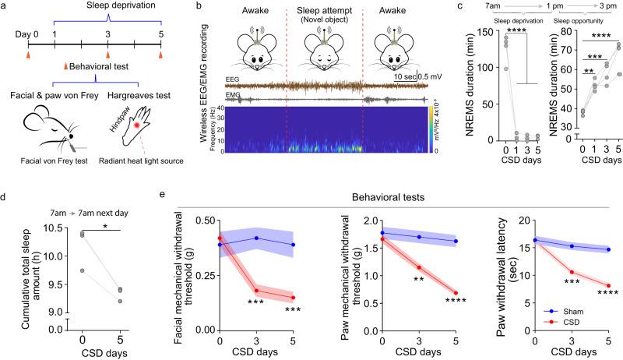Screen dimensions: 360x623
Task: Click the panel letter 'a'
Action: coord(5,6)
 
